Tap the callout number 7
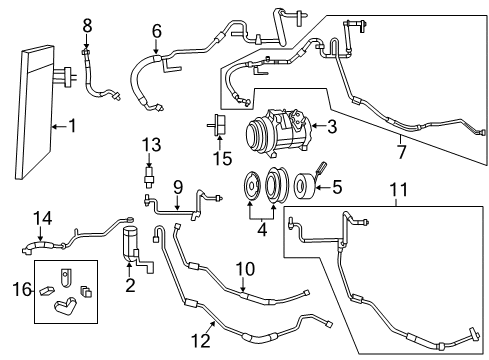tap(402, 154)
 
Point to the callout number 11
tap(399, 188)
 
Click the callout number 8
tap(87, 23)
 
